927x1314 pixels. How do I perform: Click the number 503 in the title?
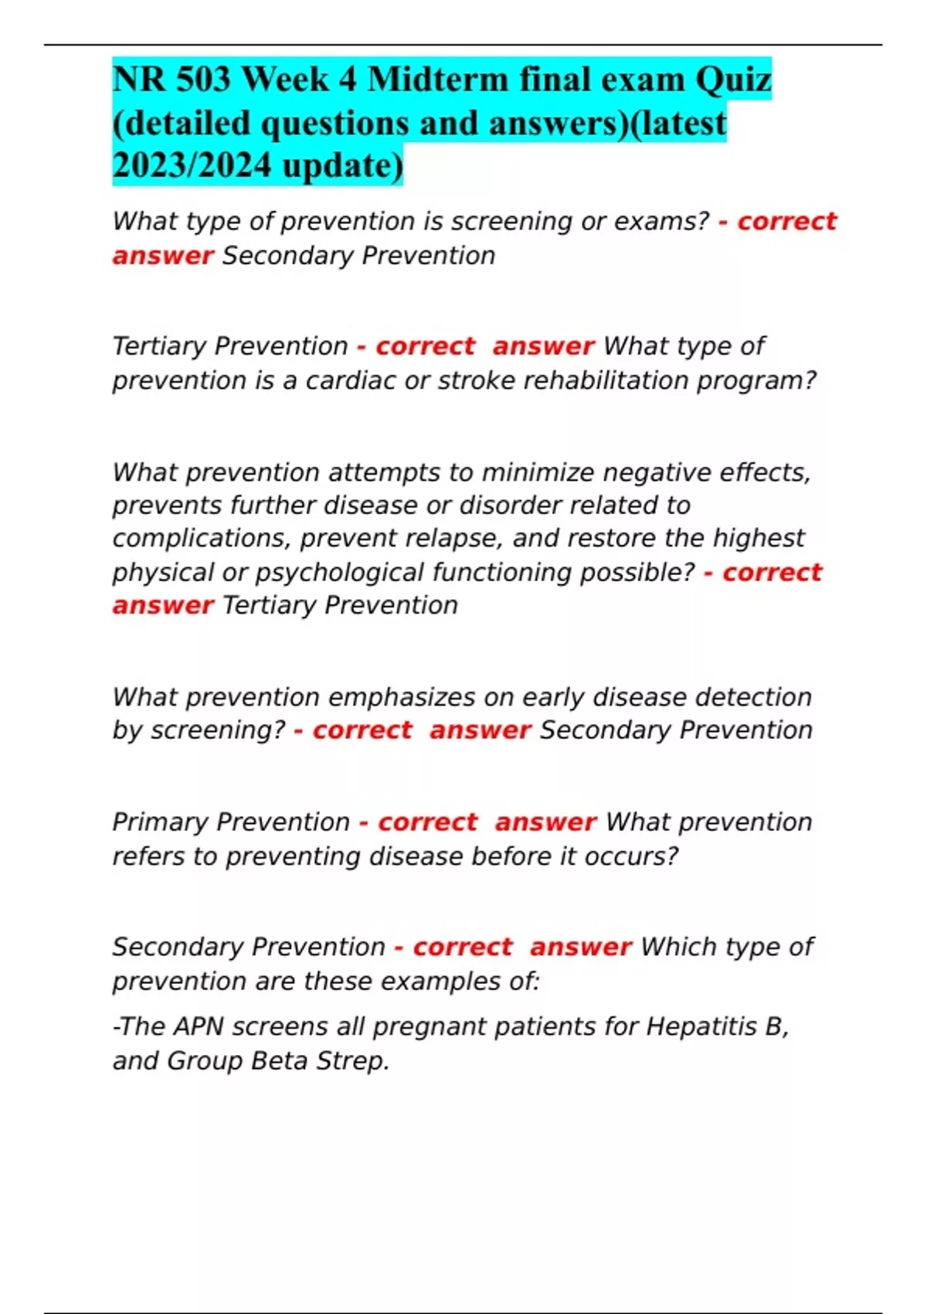[203, 80]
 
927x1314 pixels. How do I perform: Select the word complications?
[201, 538]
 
